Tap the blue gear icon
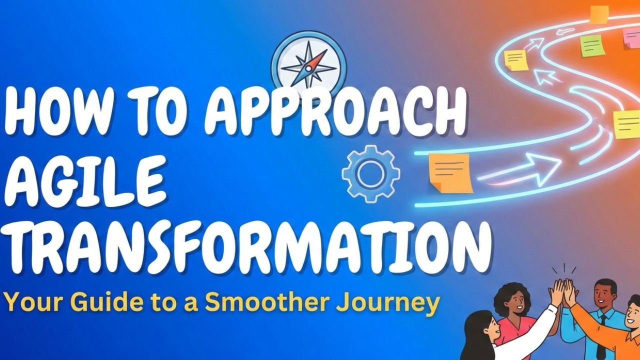(x=370, y=173)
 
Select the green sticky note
(x=592, y=46)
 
